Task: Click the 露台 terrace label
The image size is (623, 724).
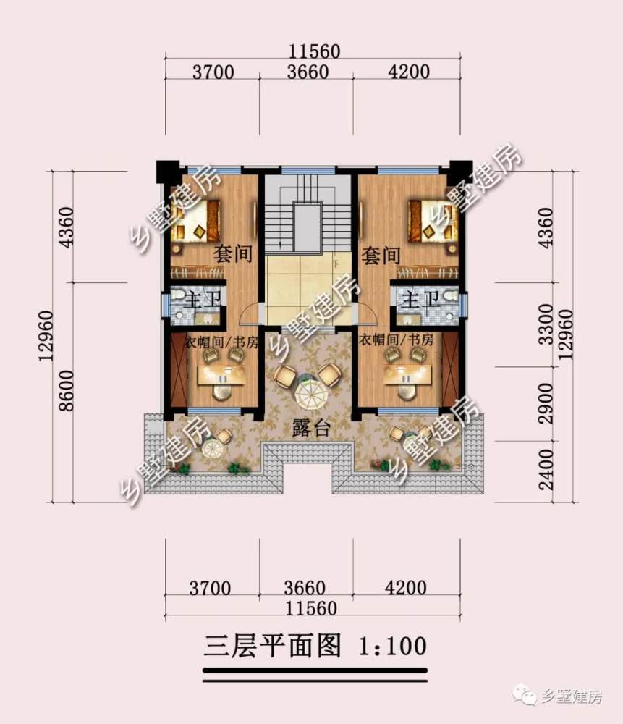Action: tap(311, 429)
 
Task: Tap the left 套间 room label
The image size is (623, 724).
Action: tap(233, 254)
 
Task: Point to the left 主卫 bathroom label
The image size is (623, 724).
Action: tap(202, 300)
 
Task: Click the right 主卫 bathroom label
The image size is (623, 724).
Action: tap(420, 300)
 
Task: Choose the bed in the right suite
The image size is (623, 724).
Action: tap(433, 221)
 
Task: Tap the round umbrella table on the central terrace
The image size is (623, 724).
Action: tap(311, 393)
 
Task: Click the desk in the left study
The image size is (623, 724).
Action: tap(222, 375)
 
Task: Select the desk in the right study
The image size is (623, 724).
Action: tap(407, 374)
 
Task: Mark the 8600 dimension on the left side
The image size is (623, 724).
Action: tap(66, 391)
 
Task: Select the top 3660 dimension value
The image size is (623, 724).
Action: tap(308, 72)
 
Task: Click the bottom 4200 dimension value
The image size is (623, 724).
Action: tap(406, 588)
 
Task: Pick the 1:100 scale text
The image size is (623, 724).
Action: tap(393, 646)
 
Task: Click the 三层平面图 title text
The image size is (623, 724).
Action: tap(273, 646)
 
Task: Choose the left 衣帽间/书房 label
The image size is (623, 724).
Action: tap(221, 342)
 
